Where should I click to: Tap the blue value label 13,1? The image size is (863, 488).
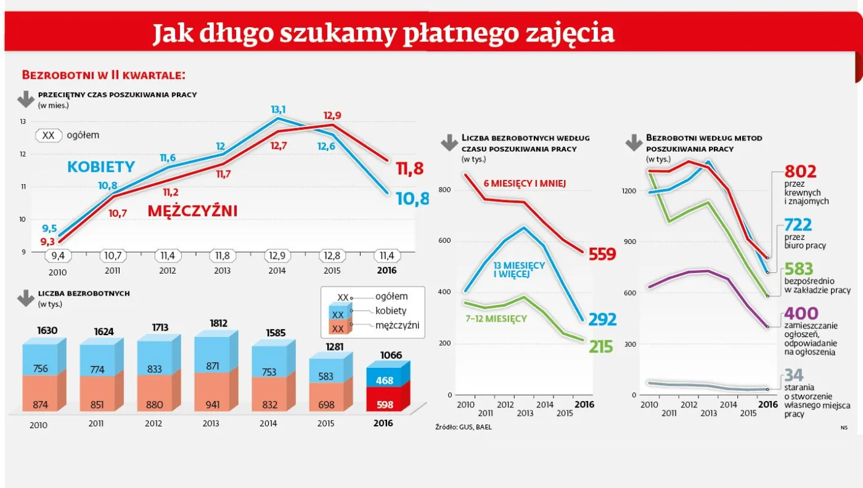click(x=279, y=110)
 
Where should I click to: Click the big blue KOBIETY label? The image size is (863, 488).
click(x=100, y=166)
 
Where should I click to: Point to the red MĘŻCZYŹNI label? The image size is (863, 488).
click(x=192, y=211)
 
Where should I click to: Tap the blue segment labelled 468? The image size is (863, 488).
click(x=384, y=380)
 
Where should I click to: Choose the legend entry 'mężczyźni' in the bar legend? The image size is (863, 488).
click(x=397, y=325)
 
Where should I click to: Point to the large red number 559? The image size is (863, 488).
click(x=602, y=253)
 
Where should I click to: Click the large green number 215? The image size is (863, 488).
click(x=600, y=347)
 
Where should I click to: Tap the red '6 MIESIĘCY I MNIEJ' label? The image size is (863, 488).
click(x=525, y=183)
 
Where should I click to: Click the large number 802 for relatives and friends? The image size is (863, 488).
click(x=800, y=171)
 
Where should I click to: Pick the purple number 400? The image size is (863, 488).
click(x=801, y=314)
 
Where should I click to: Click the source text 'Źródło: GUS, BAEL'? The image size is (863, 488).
click(x=464, y=426)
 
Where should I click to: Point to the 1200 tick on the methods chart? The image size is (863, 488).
click(x=628, y=191)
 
